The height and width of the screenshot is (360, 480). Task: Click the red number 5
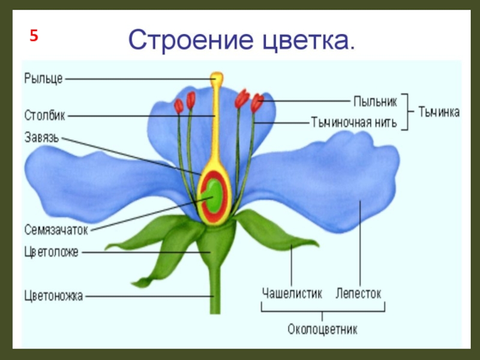pyautogui.click(x=34, y=35)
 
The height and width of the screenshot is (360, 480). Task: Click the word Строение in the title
pyautogui.click(x=189, y=40)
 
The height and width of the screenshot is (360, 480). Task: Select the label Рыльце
pyautogui.click(x=43, y=77)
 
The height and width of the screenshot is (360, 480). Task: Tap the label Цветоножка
pyautogui.click(x=53, y=295)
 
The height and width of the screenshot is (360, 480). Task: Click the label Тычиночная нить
pyautogui.click(x=353, y=123)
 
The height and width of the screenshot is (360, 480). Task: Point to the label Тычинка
pyautogui.click(x=439, y=112)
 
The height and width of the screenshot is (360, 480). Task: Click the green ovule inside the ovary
pyautogui.click(x=211, y=196)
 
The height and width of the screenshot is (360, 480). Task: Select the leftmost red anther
pyautogui.click(x=179, y=106)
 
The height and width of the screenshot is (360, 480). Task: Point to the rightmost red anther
pyautogui.click(x=257, y=103)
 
